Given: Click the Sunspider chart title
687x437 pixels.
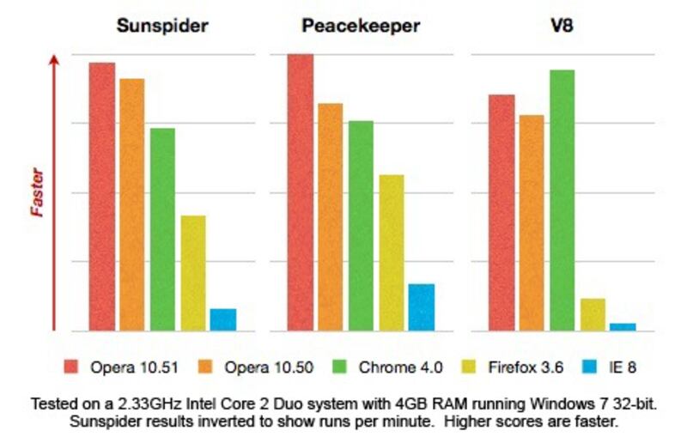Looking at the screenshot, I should point(162,26).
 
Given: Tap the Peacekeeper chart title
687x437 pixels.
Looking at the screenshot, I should point(361,26).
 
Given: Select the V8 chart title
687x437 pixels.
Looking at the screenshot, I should point(562,26).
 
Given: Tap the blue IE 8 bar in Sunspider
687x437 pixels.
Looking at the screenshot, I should point(222,319).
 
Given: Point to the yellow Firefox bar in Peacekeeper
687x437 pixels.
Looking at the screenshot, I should point(392,252).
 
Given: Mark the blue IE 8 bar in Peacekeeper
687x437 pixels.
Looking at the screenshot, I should point(422,307).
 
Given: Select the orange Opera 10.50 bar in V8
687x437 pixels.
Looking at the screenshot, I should point(532,222).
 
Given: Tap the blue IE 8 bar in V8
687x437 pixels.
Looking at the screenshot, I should point(623,326).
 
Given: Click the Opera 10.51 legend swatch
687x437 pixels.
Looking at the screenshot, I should point(71,367).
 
